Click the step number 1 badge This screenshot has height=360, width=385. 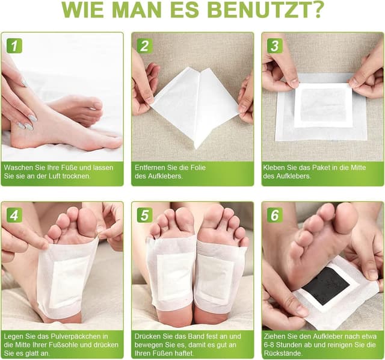pyautogui.click(x=14, y=46)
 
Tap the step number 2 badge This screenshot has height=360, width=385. pyautogui.click(x=144, y=46)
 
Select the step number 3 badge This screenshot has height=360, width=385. pyautogui.click(x=275, y=46)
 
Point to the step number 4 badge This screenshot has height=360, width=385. pyautogui.click(x=14, y=215)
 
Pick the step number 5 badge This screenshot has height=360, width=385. pyautogui.click(x=144, y=215)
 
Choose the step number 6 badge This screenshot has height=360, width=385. pyautogui.click(x=275, y=215)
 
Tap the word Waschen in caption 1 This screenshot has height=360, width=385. pyautogui.click(x=19, y=167)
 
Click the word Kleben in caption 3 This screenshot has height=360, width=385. pyautogui.click(x=274, y=167)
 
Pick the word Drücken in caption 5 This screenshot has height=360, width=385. pyautogui.click(x=149, y=336)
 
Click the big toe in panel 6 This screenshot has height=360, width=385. pyautogui.click(x=345, y=218)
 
